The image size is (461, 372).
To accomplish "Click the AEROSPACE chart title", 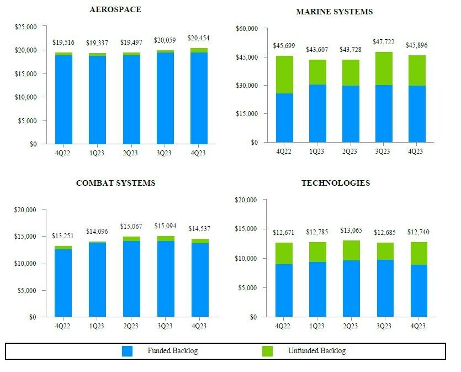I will click(x=115, y=9).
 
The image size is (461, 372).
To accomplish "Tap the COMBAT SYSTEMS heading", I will click(x=115, y=183).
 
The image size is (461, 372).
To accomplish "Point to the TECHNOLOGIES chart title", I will click(x=336, y=183).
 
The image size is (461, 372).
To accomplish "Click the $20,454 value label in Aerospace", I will click(x=199, y=38).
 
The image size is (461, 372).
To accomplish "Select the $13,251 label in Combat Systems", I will click(x=63, y=235).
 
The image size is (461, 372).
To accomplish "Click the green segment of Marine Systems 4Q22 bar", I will click(x=284, y=75).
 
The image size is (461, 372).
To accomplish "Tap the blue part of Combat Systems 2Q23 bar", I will click(x=131, y=279).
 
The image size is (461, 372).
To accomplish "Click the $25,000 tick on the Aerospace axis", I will click(x=26, y=27).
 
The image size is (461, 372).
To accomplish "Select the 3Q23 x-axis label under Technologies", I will click(x=384, y=326).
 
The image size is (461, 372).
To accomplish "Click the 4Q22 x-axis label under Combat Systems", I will click(x=62, y=326).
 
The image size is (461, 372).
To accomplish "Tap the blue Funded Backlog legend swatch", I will click(x=128, y=351).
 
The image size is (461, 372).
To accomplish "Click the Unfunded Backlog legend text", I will click(x=317, y=351).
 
